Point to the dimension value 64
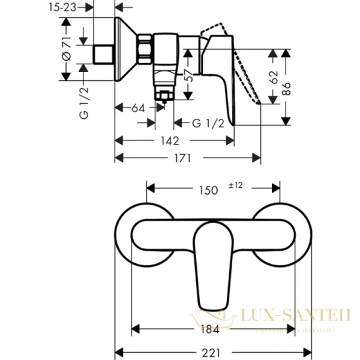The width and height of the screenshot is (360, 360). coord(139,108)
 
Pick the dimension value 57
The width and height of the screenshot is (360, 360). coord(190,76)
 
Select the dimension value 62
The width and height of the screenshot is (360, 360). coord(274,76)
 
